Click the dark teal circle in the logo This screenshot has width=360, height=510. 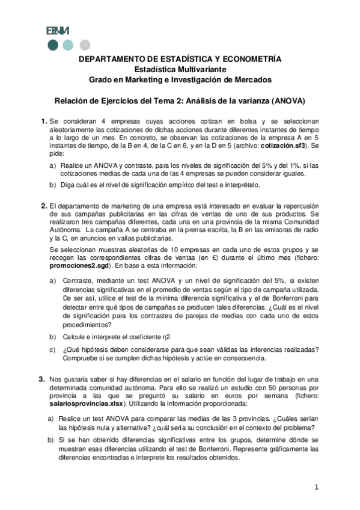(53, 44)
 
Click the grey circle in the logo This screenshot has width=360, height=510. (85, 44)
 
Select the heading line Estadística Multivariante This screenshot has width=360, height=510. (180, 69)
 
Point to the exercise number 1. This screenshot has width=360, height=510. (43, 121)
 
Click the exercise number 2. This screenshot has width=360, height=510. (43, 206)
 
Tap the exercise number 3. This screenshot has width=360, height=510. (41, 379)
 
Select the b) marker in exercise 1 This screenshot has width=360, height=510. (52, 186)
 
